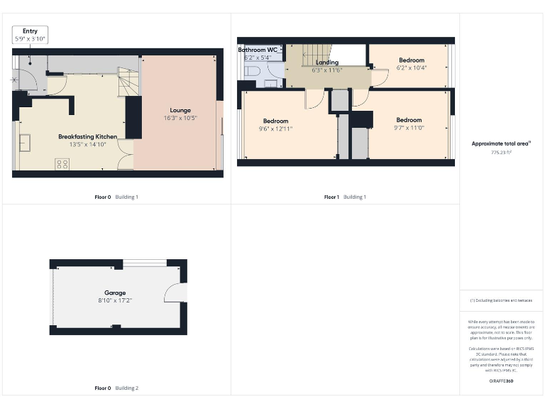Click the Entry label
[x=30, y=31]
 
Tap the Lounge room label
[x=180, y=110]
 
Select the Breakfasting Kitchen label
[x=88, y=136]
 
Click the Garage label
[x=115, y=293]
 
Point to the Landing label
[x=327, y=62]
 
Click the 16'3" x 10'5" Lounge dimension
[x=180, y=118]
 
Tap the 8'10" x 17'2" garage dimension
[x=115, y=300]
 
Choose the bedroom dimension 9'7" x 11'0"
[x=409, y=128]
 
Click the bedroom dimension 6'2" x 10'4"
[x=411, y=68]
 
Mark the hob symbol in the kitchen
[x=62, y=164]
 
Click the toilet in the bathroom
[x=253, y=73]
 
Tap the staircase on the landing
[x=317, y=53]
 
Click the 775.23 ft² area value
[x=501, y=152]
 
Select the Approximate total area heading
[x=501, y=143]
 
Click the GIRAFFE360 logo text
[x=501, y=381]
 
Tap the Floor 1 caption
[x=331, y=197]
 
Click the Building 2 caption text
[x=127, y=388]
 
